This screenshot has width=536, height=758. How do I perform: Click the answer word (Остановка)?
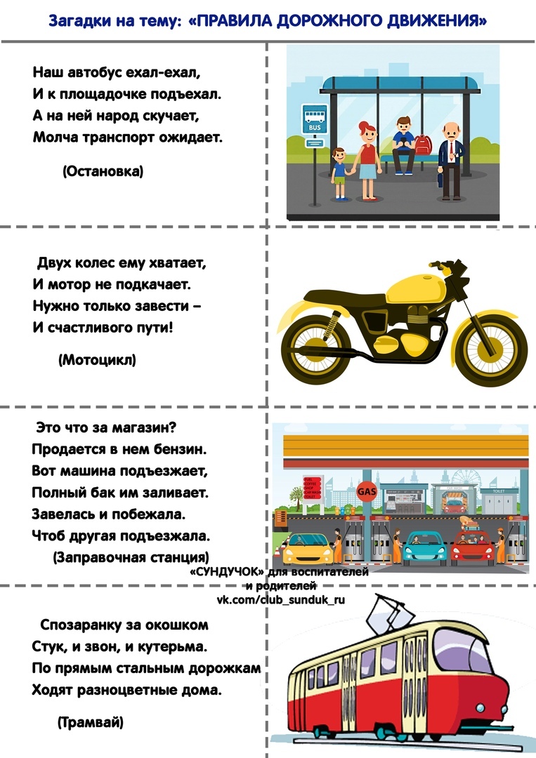click(x=103, y=171)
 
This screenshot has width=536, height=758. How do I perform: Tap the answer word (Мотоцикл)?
click(x=97, y=360)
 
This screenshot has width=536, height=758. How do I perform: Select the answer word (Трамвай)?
click(x=89, y=722)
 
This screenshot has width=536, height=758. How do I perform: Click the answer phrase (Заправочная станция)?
click(x=131, y=557)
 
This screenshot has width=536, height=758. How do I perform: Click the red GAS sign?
click(x=367, y=491)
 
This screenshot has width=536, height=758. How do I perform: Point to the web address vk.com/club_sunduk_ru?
click(x=281, y=599)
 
